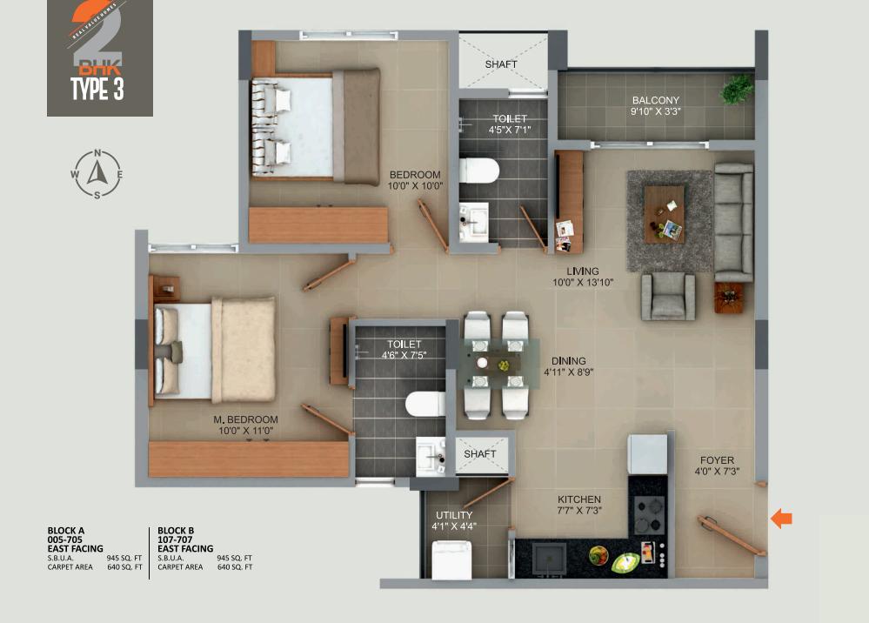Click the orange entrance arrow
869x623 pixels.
782,519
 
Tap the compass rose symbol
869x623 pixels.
97,173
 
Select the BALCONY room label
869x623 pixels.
656,100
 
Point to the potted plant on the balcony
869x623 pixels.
738,88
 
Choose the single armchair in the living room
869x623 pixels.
668,296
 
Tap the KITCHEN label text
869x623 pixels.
580,499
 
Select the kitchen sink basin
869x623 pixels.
549,558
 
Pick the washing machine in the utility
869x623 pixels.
451,559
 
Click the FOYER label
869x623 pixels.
716,460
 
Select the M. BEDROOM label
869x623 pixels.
246,419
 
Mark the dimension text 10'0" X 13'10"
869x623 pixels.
583,282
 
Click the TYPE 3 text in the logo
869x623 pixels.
97,90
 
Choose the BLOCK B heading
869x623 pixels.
176,530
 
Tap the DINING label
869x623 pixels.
568,360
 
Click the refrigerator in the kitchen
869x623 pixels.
648,454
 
